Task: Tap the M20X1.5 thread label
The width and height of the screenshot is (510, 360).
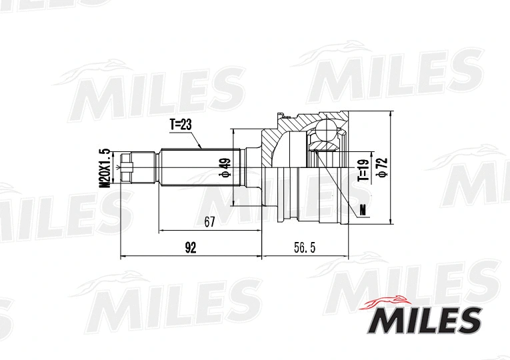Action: pos(104,167)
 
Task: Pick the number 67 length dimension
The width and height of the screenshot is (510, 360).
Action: pos(209,223)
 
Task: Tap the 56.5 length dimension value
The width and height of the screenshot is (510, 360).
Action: pos(304,248)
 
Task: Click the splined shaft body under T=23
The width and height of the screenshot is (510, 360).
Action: pos(193,167)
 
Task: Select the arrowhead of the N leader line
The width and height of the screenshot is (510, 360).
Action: pos(318,153)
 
